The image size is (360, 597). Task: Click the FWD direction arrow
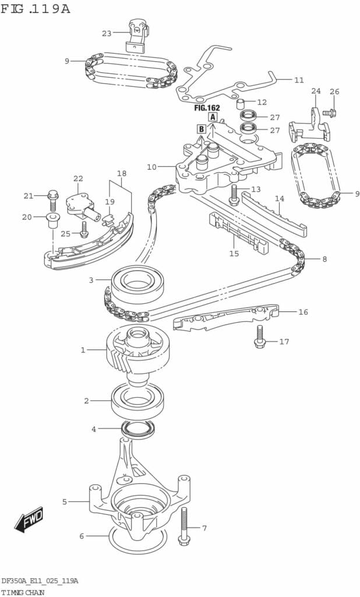click(x=29, y=519)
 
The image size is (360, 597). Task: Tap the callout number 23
click(x=107, y=33)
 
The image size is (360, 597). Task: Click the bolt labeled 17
click(x=259, y=336)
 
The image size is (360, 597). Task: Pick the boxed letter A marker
click(x=213, y=117)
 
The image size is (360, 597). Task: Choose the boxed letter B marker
click(x=201, y=129)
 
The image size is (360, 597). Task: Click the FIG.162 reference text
click(x=207, y=108)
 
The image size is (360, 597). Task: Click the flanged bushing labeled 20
click(x=51, y=220)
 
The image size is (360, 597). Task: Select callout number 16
click(x=303, y=312)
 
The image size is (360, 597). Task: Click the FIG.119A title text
click(x=36, y=8)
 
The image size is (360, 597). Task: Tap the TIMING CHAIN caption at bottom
click(x=23, y=592)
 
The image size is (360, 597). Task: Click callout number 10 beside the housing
click(x=151, y=167)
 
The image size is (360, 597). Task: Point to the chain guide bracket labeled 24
click(x=309, y=124)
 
